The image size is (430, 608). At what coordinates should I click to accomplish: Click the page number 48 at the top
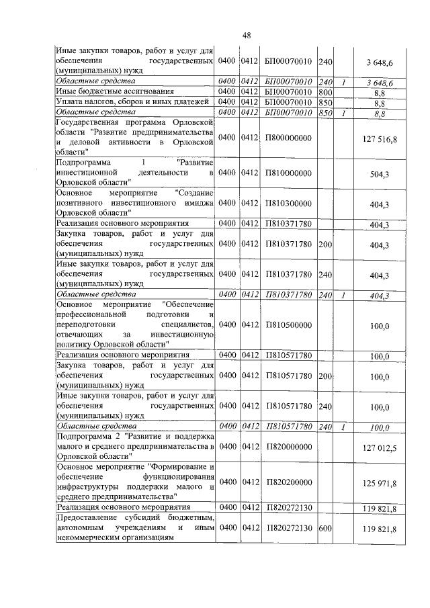point(247,35)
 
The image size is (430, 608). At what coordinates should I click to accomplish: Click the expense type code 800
point(326,92)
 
